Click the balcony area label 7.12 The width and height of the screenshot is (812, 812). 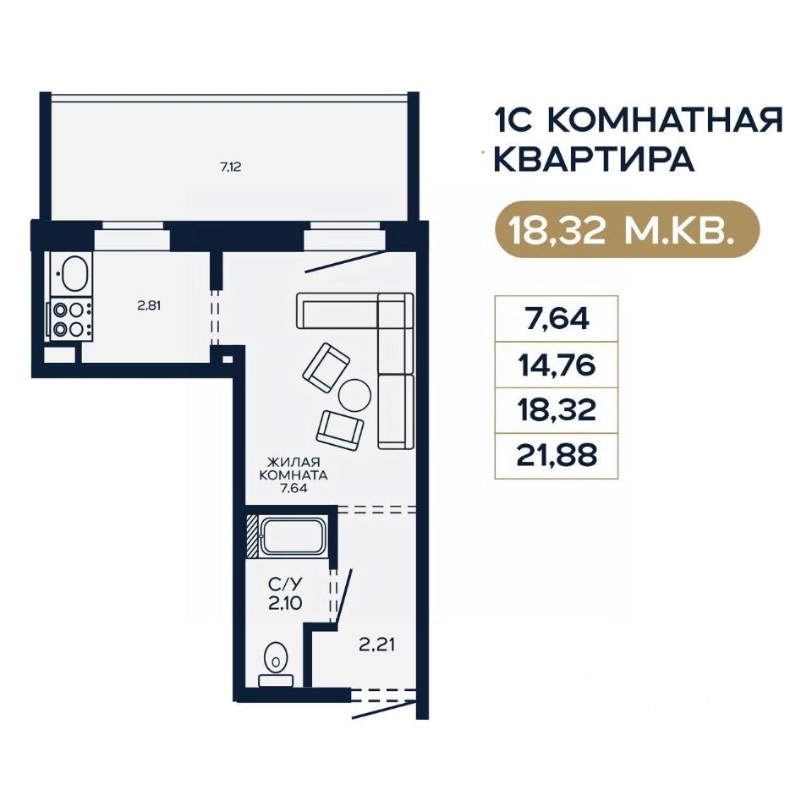(x=231, y=167)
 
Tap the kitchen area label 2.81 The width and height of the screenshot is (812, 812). (x=149, y=305)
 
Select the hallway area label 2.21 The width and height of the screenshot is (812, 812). (x=377, y=645)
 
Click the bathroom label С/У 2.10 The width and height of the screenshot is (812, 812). (x=285, y=594)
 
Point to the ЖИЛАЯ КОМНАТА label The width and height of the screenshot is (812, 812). (x=294, y=468)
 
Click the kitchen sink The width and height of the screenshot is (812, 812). (x=74, y=273)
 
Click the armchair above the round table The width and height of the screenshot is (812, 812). (x=326, y=367)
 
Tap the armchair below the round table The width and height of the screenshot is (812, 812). (x=340, y=430)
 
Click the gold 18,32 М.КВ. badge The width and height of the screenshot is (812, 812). (x=627, y=229)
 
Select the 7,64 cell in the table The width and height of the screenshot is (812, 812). (x=557, y=319)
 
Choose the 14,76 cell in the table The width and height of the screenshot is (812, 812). (x=557, y=365)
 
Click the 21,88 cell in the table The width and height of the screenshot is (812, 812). (x=557, y=456)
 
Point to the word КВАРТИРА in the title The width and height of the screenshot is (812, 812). (x=594, y=160)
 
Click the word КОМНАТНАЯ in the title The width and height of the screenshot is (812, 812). (x=665, y=120)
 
